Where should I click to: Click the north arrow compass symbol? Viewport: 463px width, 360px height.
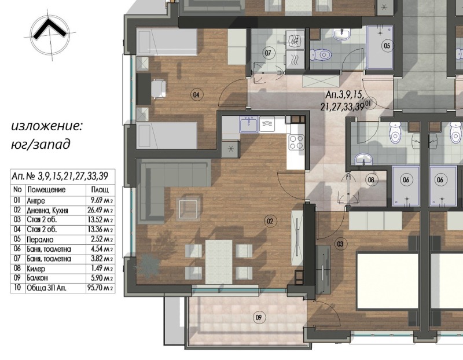(50, 35)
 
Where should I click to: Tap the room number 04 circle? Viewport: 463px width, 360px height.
(196, 95)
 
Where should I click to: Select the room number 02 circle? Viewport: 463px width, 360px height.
(270, 221)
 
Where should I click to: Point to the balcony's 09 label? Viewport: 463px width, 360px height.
(259, 318)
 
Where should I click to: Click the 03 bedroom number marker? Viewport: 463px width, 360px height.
(340, 244)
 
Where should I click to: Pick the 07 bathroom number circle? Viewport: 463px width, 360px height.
(268, 53)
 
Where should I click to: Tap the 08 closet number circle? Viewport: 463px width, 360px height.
(371, 179)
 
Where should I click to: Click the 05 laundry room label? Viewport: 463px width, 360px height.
(387, 46)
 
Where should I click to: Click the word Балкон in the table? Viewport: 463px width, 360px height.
(37, 278)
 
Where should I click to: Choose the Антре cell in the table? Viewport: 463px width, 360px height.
(36, 201)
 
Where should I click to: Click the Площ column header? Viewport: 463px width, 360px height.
(100, 189)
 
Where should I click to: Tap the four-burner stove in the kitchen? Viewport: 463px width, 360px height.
(296, 142)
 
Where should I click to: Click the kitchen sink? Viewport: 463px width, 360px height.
(249, 124)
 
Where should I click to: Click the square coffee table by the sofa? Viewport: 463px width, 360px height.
(189, 208)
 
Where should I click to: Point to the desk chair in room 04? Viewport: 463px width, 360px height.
(159, 89)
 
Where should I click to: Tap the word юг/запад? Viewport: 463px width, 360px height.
(41, 145)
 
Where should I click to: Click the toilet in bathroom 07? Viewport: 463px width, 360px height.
(321, 54)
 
